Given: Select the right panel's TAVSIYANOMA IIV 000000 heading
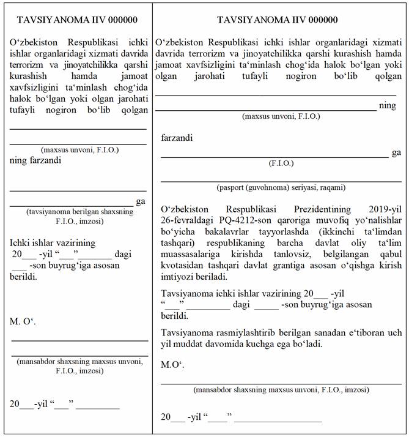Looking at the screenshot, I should pyautogui.click(x=277, y=20).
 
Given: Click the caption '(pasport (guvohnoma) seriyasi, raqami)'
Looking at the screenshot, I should pyautogui.click(x=281, y=187).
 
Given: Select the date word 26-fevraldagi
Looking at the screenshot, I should pyautogui.click(x=184, y=222).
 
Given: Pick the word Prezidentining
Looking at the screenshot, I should pyautogui.click(x=304, y=211).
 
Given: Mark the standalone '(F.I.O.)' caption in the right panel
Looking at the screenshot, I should pyautogui.click(x=281, y=163).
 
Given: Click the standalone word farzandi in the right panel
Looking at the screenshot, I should pyautogui.click(x=177, y=138).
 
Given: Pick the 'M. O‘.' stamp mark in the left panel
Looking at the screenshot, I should pyautogui.click(x=23, y=321).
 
